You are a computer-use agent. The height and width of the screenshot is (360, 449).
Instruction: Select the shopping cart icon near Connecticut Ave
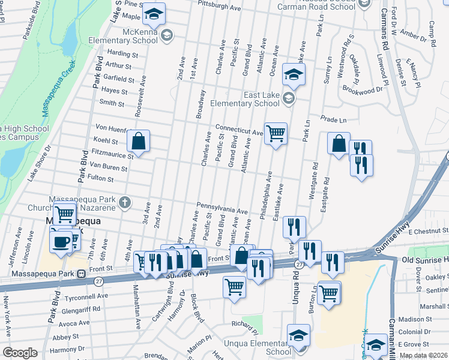click(x=276, y=133)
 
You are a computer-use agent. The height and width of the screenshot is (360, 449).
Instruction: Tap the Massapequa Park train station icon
click(x=80, y=274)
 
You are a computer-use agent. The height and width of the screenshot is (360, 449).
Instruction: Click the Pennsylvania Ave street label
click(x=222, y=208)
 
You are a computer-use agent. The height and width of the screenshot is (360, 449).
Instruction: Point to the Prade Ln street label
click(x=334, y=119)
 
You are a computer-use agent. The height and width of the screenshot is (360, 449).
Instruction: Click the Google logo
click(x=20, y=353)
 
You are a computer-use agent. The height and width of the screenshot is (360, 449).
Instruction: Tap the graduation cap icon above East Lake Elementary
click(x=294, y=75)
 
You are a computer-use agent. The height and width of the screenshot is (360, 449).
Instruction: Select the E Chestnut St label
click(x=428, y=230)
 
